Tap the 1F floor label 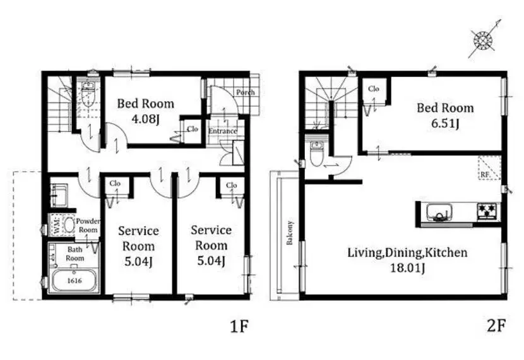point(239,327)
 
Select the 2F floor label point(496,325)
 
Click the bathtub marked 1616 point(74,280)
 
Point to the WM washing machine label point(56,224)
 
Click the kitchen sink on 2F point(439,212)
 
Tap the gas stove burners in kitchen point(487,211)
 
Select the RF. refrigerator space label point(485,174)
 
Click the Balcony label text point(290,232)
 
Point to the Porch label point(246,92)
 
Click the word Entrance point(223,131)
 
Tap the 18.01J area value point(408,268)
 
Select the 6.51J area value point(445,123)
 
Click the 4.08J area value point(145,119)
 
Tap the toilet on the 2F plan point(316,153)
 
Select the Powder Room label point(88,225)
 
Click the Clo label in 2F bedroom point(374,88)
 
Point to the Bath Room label point(75,254)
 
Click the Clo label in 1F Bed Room point(193,129)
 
